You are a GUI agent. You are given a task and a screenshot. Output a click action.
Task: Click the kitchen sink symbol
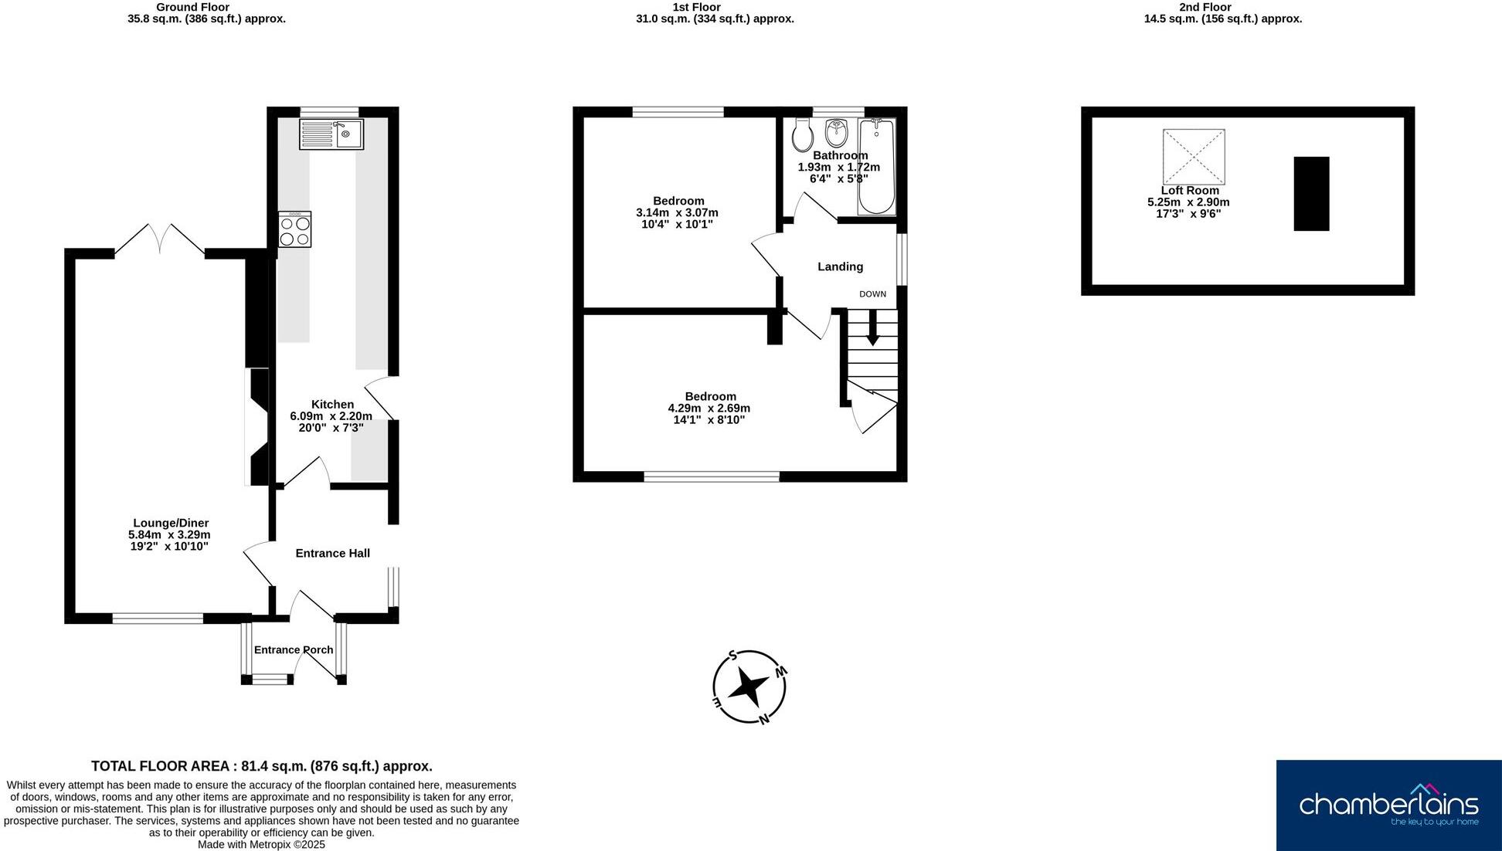point(331,134)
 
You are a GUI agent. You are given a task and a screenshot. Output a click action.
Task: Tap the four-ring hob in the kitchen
point(295,229)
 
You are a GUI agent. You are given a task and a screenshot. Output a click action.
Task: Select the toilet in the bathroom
point(803,136)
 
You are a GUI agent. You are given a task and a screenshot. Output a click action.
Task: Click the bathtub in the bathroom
point(877,166)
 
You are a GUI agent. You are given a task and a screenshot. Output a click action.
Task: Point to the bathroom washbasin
point(836,133)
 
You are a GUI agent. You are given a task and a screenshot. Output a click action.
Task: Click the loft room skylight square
point(1194,157)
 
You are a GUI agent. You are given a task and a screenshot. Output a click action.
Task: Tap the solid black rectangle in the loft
point(1311,193)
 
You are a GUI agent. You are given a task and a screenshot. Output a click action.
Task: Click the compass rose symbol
point(749,687)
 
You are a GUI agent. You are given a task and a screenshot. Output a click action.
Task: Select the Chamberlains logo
point(1388,805)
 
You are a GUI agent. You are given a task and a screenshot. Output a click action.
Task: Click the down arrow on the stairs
point(872,328)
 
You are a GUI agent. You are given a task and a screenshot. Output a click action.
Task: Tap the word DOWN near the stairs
point(872,294)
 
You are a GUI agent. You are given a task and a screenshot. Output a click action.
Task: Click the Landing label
point(840,266)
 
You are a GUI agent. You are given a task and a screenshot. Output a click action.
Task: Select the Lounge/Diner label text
point(171,523)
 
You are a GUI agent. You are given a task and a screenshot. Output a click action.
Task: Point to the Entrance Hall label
point(332,553)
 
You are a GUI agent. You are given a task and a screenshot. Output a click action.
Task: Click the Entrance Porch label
point(294,649)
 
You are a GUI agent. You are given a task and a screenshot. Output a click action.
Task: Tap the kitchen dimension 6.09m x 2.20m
point(331,415)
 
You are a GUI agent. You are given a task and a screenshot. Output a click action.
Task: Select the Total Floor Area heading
point(261,766)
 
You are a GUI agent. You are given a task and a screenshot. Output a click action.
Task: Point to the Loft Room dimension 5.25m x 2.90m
point(1188,202)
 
